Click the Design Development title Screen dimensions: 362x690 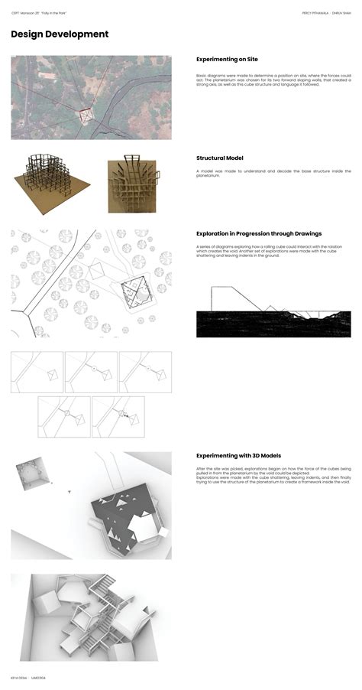click(60, 34)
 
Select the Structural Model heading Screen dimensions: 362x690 click(220, 158)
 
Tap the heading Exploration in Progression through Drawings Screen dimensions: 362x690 click(259, 233)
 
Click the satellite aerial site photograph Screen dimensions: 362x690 click(91, 97)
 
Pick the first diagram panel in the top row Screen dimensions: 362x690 click(37, 371)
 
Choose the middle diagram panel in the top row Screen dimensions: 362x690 click(91, 371)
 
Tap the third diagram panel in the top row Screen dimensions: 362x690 click(145, 371)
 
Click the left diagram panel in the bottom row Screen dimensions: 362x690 click(63, 416)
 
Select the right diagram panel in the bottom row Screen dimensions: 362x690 click(118, 416)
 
